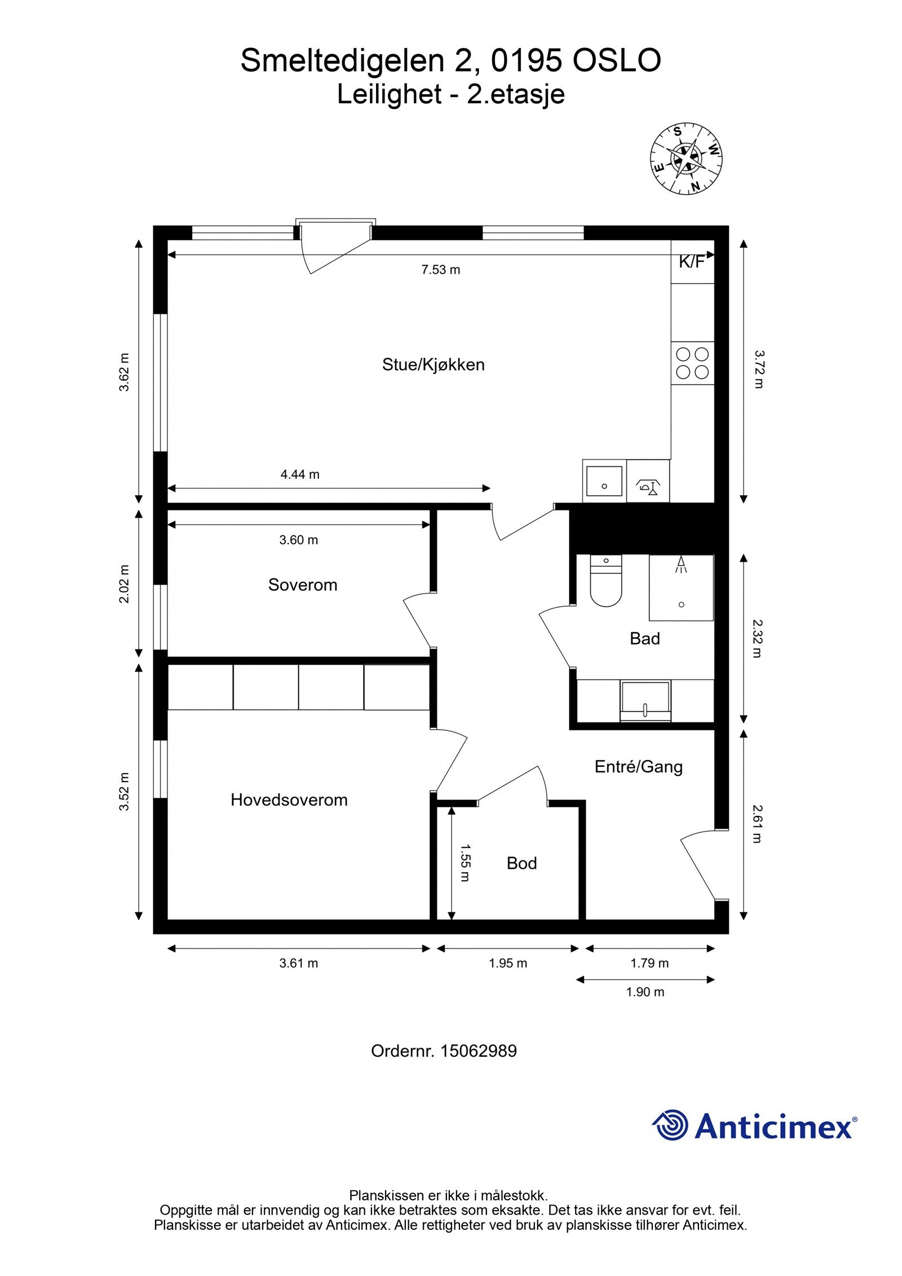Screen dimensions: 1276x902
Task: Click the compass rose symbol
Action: pyautogui.click(x=686, y=157)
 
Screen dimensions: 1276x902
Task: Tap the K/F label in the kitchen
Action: pyautogui.click(x=692, y=261)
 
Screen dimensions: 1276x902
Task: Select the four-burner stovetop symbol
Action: pyautogui.click(x=692, y=363)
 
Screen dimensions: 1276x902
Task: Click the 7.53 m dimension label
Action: pyautogui.click(x=441, y=270)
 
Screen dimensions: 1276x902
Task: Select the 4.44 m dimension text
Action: pyautogui.click(x=300, y=474)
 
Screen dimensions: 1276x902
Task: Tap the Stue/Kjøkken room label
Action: pyautogui.click(x=433, y=364)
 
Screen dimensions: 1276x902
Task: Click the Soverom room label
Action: pyautogui.click(x=302, y=585)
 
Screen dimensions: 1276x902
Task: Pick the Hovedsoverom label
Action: pyautogui.click(x=289, y=800)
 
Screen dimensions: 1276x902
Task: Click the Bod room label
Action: pyautogui.click(x=521, y=863)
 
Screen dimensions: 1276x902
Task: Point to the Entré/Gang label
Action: pyautogui.click(x=638, y=766)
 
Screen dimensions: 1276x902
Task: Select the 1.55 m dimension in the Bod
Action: pyautogui.click(x=465, y=863)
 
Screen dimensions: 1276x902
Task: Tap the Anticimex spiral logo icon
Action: pyautogui.click(x=670, y=1125)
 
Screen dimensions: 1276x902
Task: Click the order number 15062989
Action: pyautogui.click(x=478, y=1051)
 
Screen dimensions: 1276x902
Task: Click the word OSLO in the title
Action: pyautogui.click(x=616, y=61)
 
